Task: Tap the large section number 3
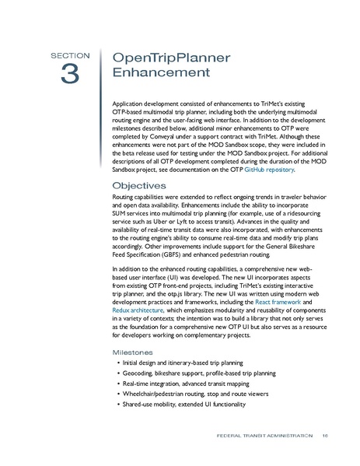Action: [71, 74]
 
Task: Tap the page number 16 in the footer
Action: [324, 435]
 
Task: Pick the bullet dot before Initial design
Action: [118, 364]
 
